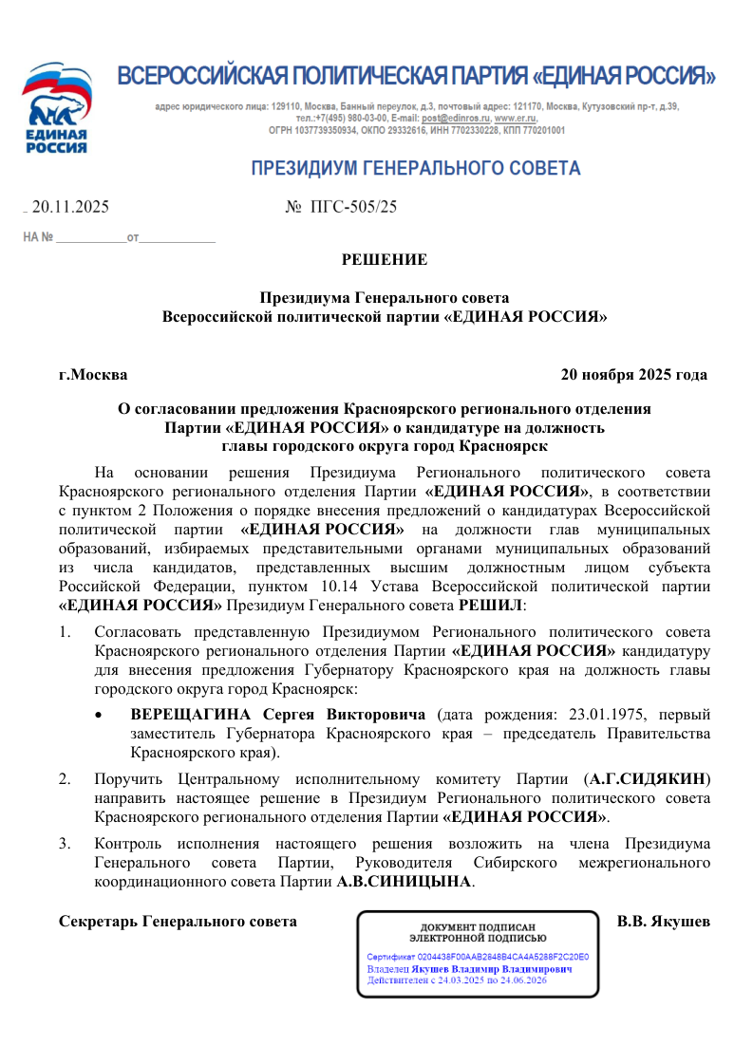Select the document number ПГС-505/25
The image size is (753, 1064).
tap(354, 206)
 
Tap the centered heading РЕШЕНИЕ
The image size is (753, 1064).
tap(384, 259)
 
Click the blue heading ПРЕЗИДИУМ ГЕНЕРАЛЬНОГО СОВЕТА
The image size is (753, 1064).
tap(415, 169)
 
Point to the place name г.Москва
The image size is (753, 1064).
tap(93, 375)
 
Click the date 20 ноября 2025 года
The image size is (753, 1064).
tap(633, 375)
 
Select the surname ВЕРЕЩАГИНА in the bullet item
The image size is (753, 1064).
tap(191, 714)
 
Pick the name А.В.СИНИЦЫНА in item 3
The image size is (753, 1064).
tap(405, 882)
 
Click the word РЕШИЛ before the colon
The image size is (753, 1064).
tap(491, 605)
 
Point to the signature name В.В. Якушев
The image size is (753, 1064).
tap(663, 921)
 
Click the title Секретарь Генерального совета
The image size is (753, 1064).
tap(178, 921)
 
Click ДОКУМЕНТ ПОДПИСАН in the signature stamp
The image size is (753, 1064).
tap(478, 927)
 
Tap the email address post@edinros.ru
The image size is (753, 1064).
tap(451, 119)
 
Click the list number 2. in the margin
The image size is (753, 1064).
tap(65, 779)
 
